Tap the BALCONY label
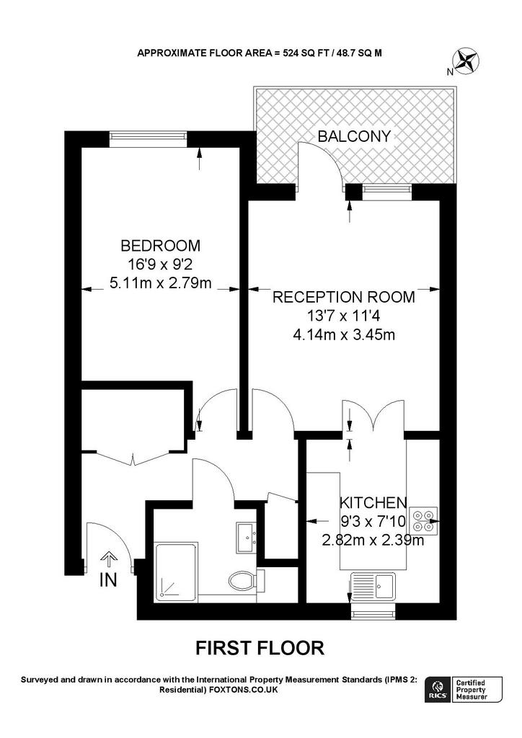(356, 135)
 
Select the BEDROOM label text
(160, 245)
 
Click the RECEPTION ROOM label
(343, 297)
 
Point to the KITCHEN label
(373, 502)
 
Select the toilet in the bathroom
(242, 580)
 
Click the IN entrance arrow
(107, 560)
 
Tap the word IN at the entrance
(107, 581)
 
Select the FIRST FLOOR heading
(260, 648)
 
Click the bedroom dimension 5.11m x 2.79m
(160, 283)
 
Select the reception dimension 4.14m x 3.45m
(343, 334)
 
